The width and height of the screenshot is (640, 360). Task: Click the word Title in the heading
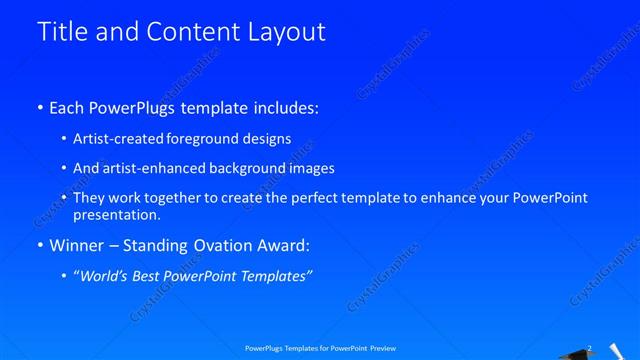click(59, 32)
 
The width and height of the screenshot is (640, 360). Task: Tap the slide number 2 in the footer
click(589, 348)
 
